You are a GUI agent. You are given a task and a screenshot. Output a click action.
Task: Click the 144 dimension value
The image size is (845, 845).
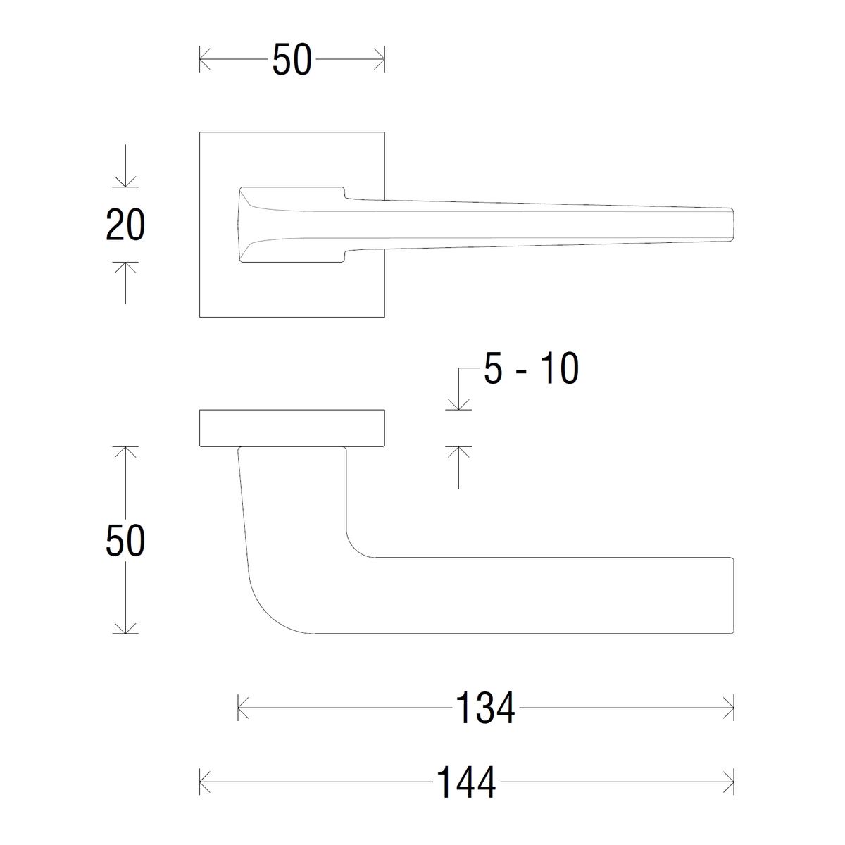pos(466,782)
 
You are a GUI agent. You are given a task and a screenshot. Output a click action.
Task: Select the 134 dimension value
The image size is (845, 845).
pos(485,708)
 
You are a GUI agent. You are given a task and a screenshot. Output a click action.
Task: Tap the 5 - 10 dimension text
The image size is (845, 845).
pos(531,368)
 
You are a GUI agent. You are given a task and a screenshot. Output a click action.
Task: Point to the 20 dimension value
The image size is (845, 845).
pos(125,225)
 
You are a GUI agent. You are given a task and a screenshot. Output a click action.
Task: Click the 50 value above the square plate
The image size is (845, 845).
pos(292,59)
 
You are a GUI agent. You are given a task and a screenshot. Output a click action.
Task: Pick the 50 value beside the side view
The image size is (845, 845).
pos(125,540)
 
